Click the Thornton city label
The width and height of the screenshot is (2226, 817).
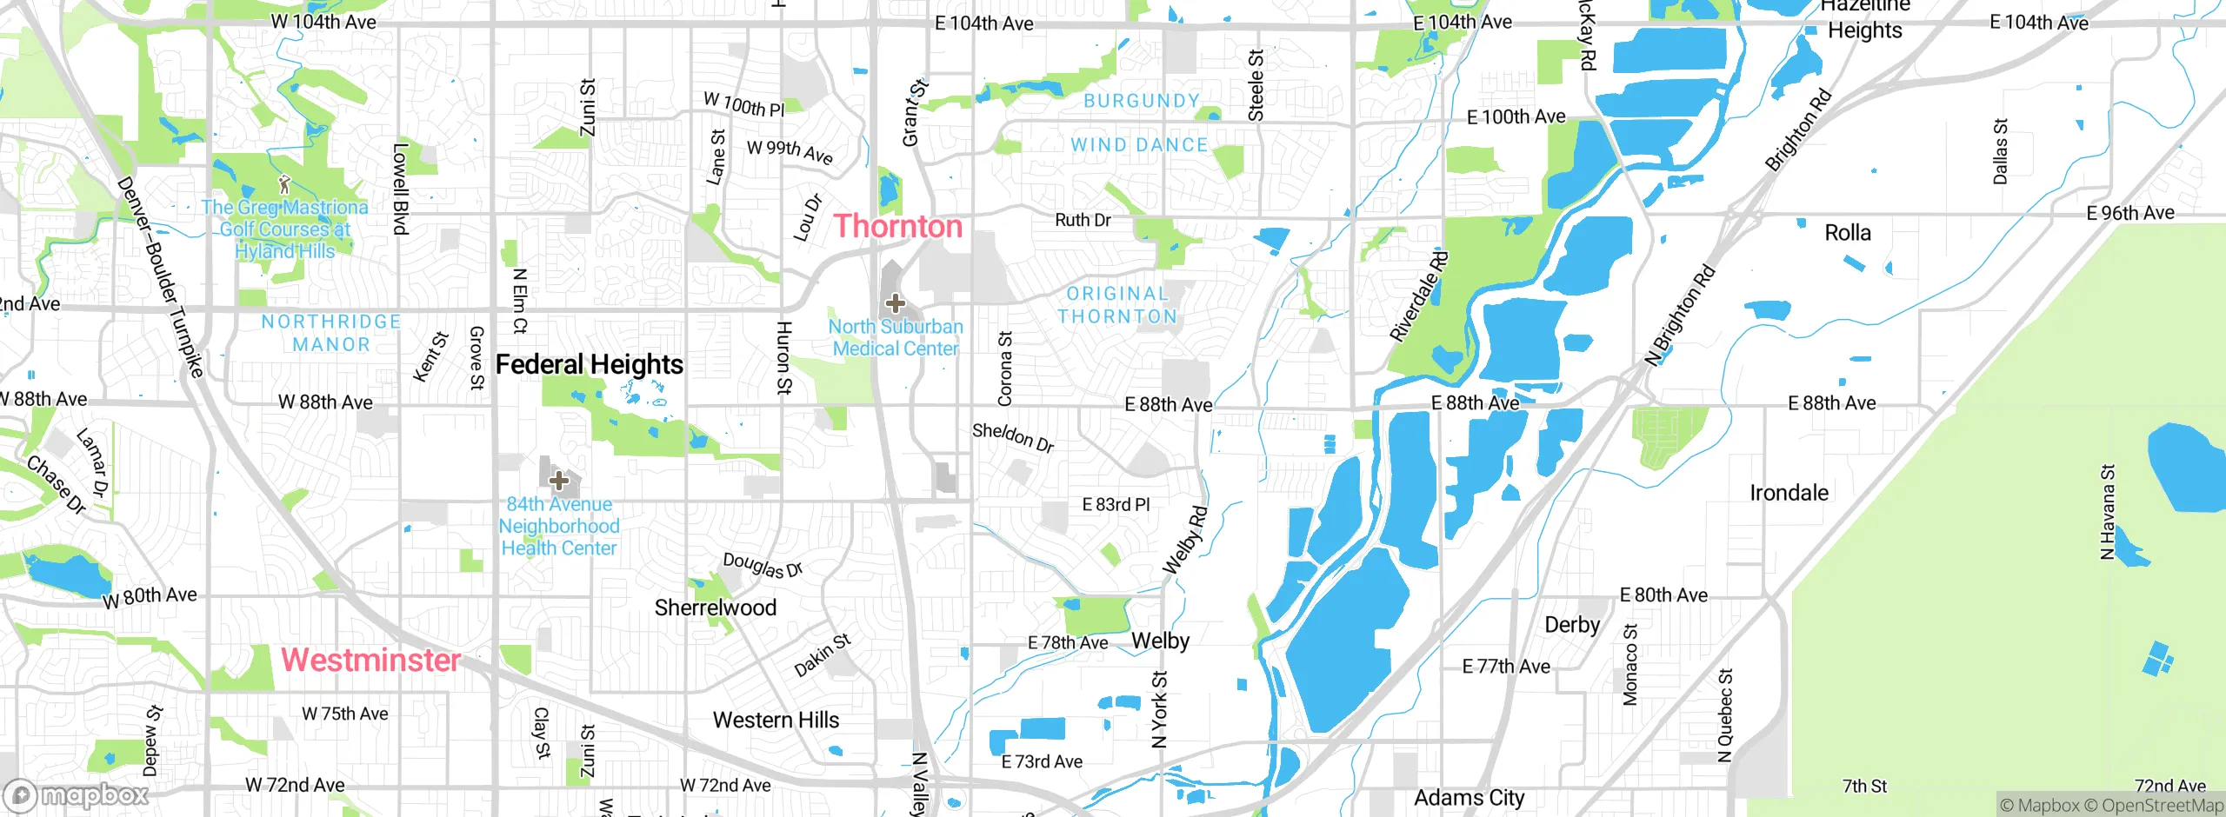(x=898, y=226)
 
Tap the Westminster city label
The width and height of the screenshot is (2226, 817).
(x=370, y=660)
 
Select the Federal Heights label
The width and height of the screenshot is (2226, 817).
(x=589, y=364)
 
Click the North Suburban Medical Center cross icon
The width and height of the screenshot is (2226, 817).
(x=895, y=303)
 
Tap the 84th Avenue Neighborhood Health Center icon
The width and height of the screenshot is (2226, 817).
(x=558, y=480)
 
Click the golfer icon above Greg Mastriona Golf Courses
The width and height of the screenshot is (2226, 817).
(x=284, y=184)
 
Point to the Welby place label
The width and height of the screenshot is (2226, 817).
(x=1160, y=641)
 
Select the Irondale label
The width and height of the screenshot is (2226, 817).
(x=1789, y=493)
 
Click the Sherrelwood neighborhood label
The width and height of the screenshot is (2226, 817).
(x=715, y=608)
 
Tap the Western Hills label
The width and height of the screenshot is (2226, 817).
(x=776, y=720)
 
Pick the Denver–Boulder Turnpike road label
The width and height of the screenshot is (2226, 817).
(x=161, y=276)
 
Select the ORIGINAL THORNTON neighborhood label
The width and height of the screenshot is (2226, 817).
(x=1117, y=305)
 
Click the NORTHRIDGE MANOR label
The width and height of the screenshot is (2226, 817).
(x=331, y=333)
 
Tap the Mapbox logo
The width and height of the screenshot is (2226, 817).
(x=77, y=795)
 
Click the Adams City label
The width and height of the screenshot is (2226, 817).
(x=1469, y=797)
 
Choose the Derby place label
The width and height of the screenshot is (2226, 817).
(x=1571, y=625)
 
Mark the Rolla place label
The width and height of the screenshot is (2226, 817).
(x=1847, y=233)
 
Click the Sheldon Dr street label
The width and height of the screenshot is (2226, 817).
(x=1013, y=437)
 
